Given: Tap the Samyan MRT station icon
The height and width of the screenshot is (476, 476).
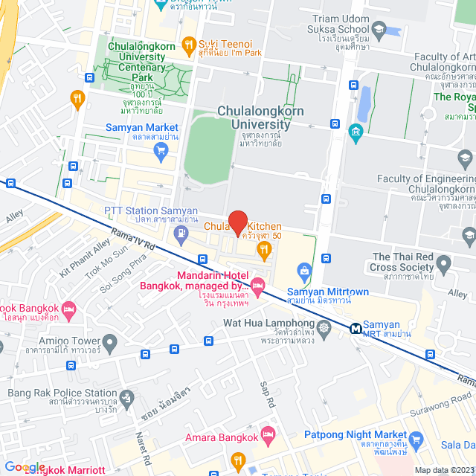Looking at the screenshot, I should pos(356,327).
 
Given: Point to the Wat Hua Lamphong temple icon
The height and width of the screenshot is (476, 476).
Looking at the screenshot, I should pos(324,327).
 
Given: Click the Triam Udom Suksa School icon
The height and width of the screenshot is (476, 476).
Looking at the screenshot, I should pos(379,30).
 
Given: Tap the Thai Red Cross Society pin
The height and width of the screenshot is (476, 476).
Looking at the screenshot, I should pos(444,263).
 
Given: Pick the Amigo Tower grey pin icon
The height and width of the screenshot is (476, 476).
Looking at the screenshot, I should pos(110,344).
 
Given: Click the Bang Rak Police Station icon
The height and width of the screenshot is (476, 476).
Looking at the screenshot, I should pos(126,399).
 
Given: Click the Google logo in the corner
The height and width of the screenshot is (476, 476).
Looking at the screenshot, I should pos(24,467).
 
